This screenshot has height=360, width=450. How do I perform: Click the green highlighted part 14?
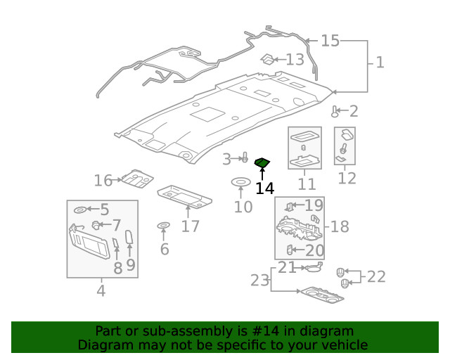262,164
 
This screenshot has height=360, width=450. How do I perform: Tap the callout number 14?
264,188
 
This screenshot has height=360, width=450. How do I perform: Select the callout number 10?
243,207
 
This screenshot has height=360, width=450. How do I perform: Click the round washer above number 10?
240,184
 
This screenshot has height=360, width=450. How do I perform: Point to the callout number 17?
190,226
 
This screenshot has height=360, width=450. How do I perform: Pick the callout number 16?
103,181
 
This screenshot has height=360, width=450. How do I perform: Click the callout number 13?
295,60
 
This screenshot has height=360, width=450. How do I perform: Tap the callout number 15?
330,41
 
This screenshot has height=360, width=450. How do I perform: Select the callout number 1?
380,63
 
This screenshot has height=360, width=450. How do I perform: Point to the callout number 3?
226,160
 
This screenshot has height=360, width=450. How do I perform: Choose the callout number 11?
307,185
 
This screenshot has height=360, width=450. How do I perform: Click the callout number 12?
347,179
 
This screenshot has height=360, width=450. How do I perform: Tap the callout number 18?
340,226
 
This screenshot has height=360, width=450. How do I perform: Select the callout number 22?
376,276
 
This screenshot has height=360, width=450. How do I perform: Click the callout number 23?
259,281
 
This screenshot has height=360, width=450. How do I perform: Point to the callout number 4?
101,290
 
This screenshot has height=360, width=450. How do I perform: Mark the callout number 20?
314,250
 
